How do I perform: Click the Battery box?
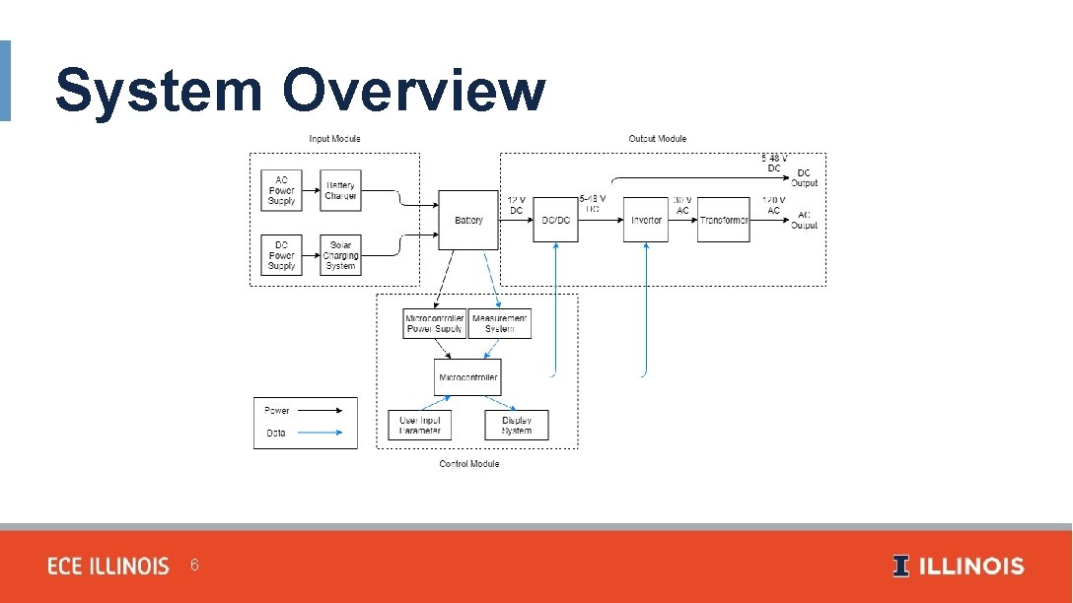[468, 220]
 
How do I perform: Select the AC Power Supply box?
[282, 190]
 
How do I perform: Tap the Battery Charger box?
[340, 190]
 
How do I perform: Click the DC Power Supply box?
[282, 254]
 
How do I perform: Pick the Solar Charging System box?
[340, 254]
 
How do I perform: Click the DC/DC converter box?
[556, 220]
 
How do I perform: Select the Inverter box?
[646, 220]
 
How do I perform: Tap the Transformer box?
[724, 220]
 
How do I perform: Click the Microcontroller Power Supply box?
[434, 323]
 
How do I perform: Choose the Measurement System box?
[500, 323]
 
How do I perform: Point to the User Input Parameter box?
[420, 426]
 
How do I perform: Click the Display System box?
[517, 426]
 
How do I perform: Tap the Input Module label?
[334, 139]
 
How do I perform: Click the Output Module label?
[657, 139]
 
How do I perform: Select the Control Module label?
[468, 464]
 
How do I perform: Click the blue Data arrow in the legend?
[320, 433]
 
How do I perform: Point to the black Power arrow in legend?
[320, 410]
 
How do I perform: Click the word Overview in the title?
[413, 91]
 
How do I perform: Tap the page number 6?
[194, 566]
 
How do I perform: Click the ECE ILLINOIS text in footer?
[108, 567]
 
